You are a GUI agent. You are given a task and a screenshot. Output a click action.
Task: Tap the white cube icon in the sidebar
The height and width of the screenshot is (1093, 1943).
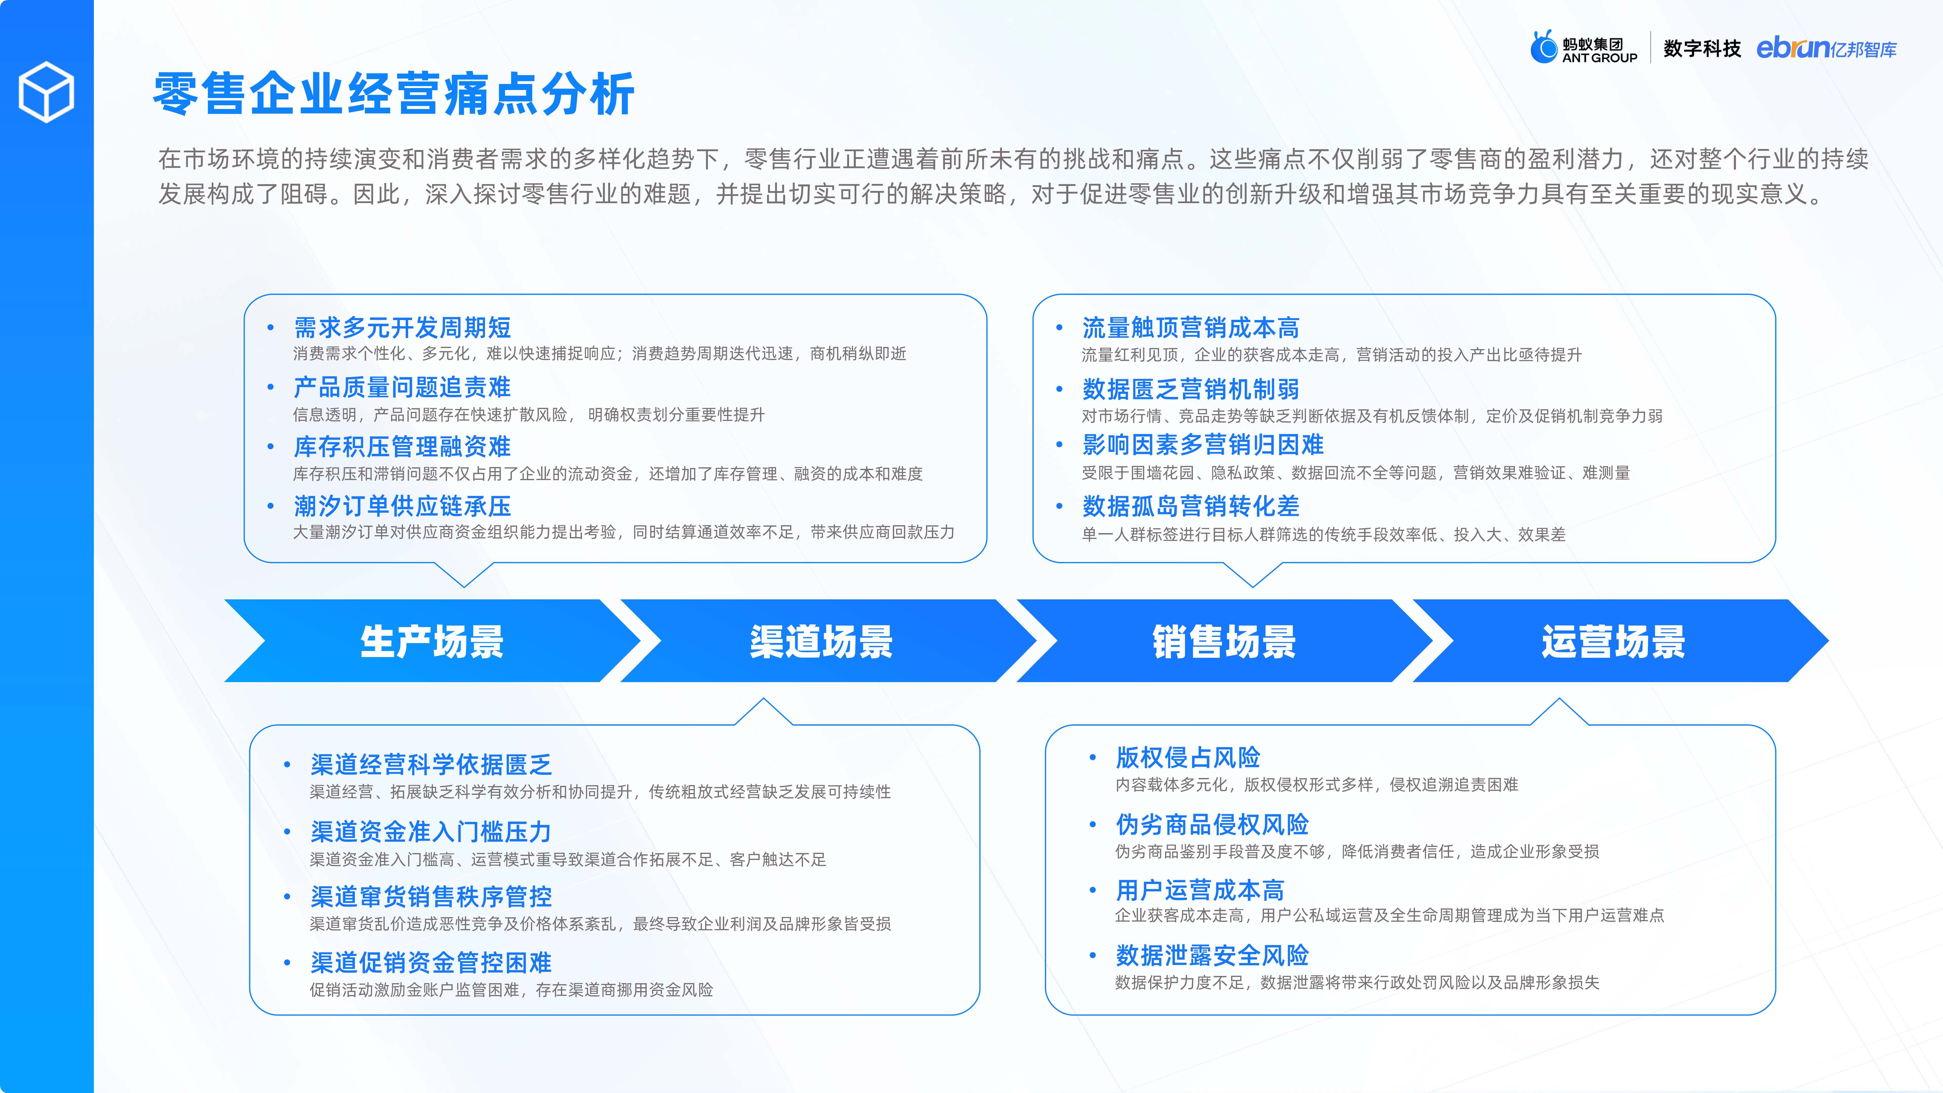pos(46,92)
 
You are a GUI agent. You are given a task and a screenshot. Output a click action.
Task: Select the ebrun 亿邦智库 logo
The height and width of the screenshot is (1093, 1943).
pos(1826,48)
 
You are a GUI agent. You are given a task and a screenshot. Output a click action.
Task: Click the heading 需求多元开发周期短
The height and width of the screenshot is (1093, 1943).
pos(402,327)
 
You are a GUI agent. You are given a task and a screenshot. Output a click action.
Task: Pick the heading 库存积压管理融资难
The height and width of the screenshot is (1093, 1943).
pos(402,447)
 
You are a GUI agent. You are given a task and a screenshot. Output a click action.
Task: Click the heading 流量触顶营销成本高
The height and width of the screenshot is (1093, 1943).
pos(1190,327)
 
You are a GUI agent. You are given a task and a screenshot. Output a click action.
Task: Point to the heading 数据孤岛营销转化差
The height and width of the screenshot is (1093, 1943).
pos(1190,506)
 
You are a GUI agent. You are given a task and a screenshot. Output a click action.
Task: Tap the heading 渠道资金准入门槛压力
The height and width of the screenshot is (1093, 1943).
pos(431,831)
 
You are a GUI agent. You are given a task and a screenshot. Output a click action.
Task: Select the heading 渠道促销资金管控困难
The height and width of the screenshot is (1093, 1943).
pos(431,962)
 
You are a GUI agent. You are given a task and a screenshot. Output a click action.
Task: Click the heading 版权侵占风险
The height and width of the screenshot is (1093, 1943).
pos(1188,756)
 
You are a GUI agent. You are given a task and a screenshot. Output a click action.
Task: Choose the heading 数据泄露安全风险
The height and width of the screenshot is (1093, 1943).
pos(1212,955)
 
